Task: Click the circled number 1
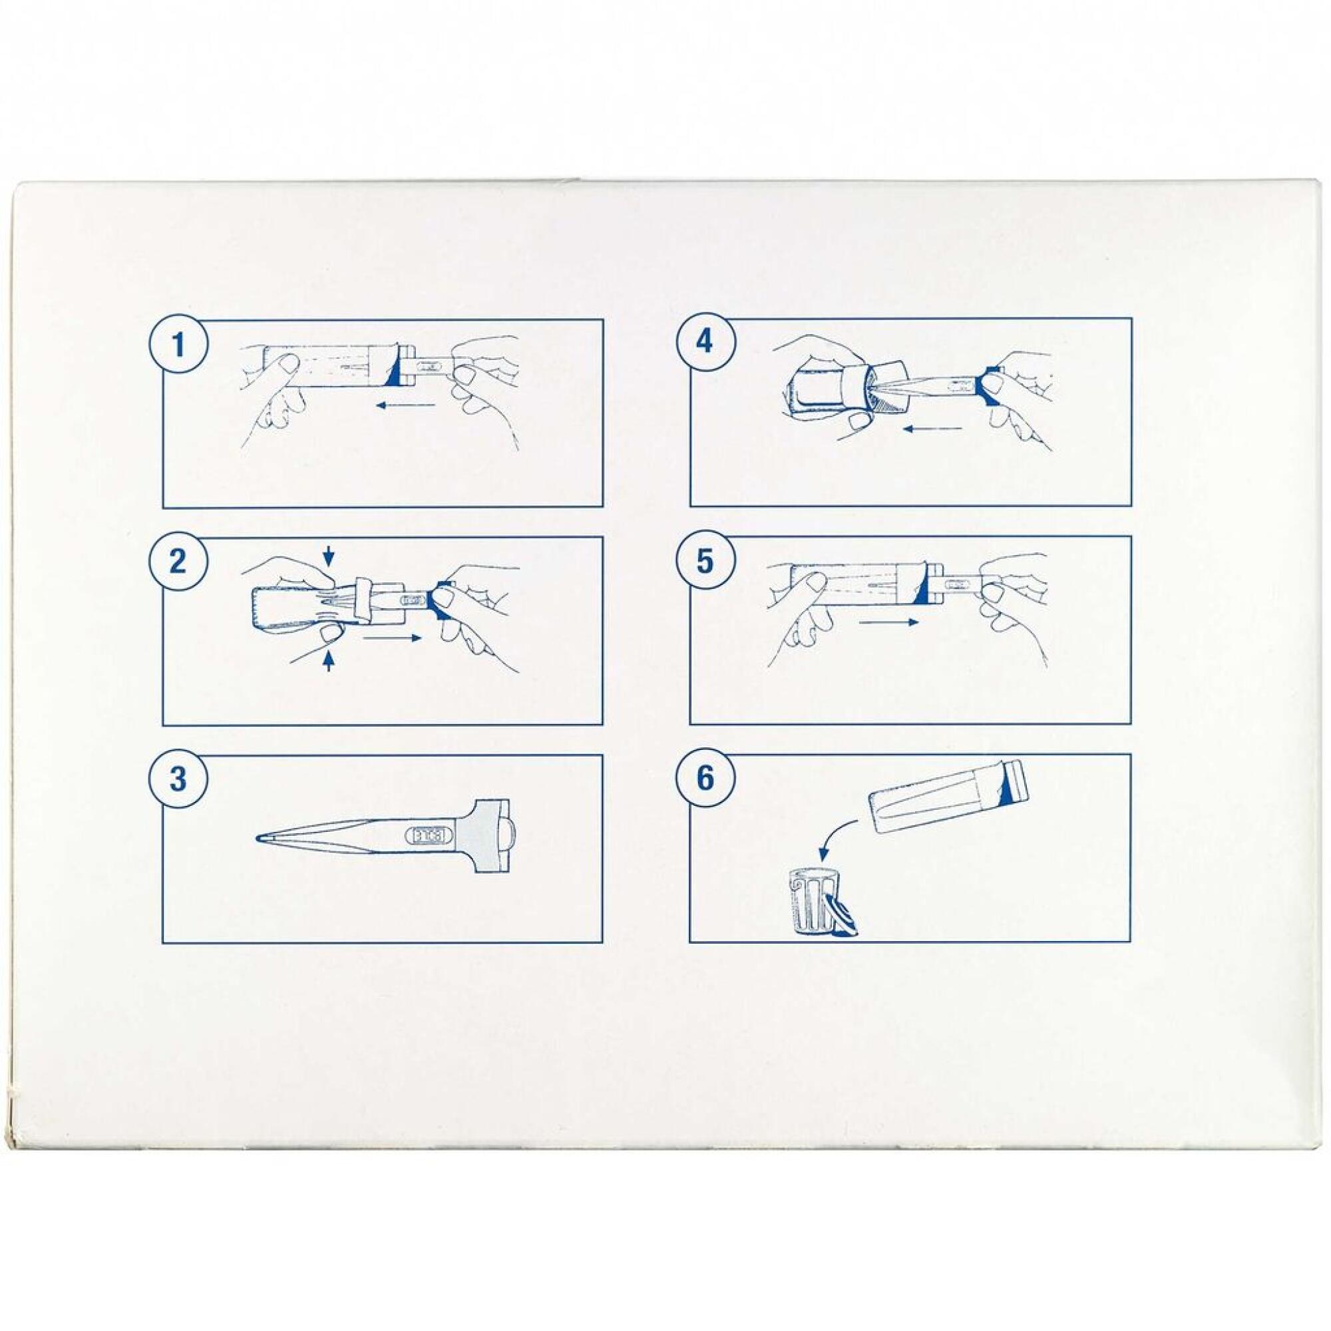point(178,343)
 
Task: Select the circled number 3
point(178,779)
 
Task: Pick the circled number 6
point(705,779)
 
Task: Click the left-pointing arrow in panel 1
point(406,405)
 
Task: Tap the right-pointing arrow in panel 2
point(392,638)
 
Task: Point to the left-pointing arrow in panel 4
point(933,429)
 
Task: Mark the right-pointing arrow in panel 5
point(889,622)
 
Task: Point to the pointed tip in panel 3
point(259,839)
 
